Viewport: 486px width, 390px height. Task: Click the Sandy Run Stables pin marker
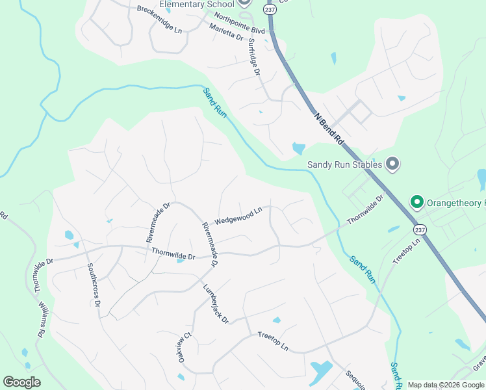coord(392,164)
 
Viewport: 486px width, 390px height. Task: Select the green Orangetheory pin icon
coord(416,203)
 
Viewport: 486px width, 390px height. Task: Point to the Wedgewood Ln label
coord(238,215)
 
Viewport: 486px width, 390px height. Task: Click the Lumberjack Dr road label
coord(216,304)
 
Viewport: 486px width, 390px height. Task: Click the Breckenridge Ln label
coord(160,18)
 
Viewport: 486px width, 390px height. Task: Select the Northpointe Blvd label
coord(240,22)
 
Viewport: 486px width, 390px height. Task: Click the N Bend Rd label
coord(328,127)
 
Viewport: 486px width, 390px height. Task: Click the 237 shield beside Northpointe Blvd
coord(269,10)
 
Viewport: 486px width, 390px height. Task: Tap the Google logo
coord(21,382)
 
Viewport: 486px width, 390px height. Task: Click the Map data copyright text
coord(446,385)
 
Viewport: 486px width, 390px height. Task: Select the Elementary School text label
coord(196,5)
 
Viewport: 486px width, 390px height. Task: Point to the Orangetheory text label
coord(455,203)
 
